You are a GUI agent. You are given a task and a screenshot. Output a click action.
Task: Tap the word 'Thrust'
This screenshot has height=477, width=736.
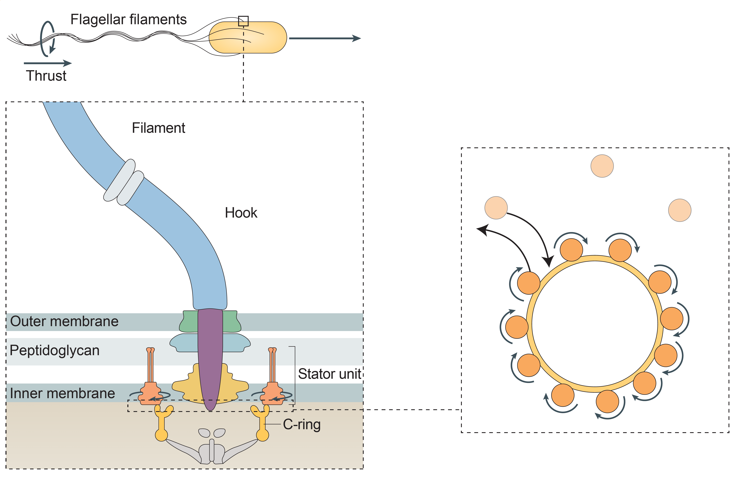point(46,76)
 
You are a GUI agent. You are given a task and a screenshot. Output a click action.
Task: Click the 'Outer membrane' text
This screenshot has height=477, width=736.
point(64,321)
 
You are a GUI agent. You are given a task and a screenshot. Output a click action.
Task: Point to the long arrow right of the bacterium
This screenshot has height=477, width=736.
point(325,38)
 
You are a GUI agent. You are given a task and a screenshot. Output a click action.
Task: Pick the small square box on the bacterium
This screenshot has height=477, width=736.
point(243,21)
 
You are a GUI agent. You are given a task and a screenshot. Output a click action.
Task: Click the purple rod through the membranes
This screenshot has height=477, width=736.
point(210,356)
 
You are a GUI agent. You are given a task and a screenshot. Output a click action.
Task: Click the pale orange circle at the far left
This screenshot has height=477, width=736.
point(496,208)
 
